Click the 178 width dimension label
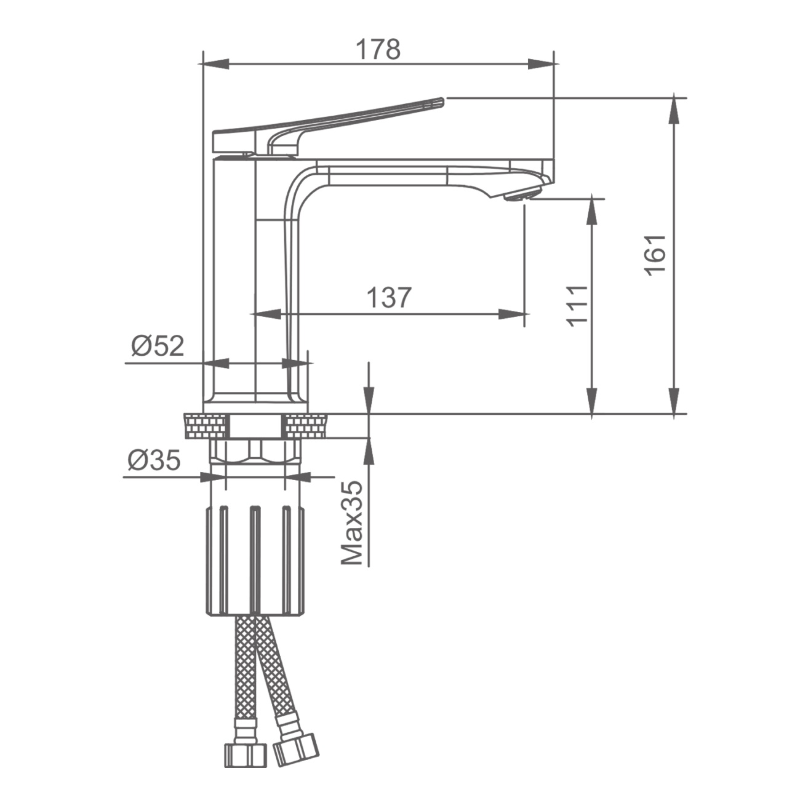pyautogui.click(x=378, y=50)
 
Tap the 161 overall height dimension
pyautogui.click(x=655, y=254)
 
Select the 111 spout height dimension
pyautogui.click(x=577, y=306)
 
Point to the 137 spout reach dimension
pyautogui.click(x=389, y=297)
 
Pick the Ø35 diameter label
pyautogui.click(x=154, y=460)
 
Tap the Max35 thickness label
pyautogui.click(x=352, y=524)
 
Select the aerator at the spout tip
pyautogui.click(x=522, y=194)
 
